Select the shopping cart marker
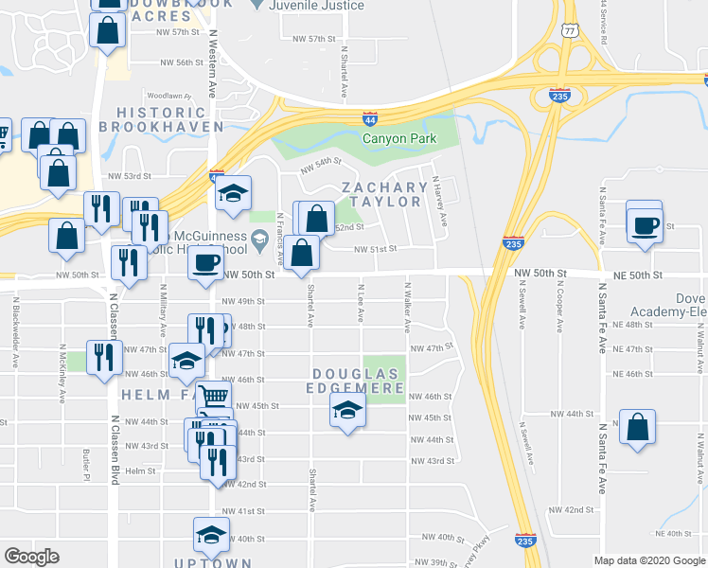click(x=214, y=397)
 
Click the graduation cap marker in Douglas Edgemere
click(x=347, y=411)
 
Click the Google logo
click(x=32, y=557)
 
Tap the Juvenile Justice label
click(x=318, y=6)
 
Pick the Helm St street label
click(x=139, y=470)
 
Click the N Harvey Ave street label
click(x=440, y=201)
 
